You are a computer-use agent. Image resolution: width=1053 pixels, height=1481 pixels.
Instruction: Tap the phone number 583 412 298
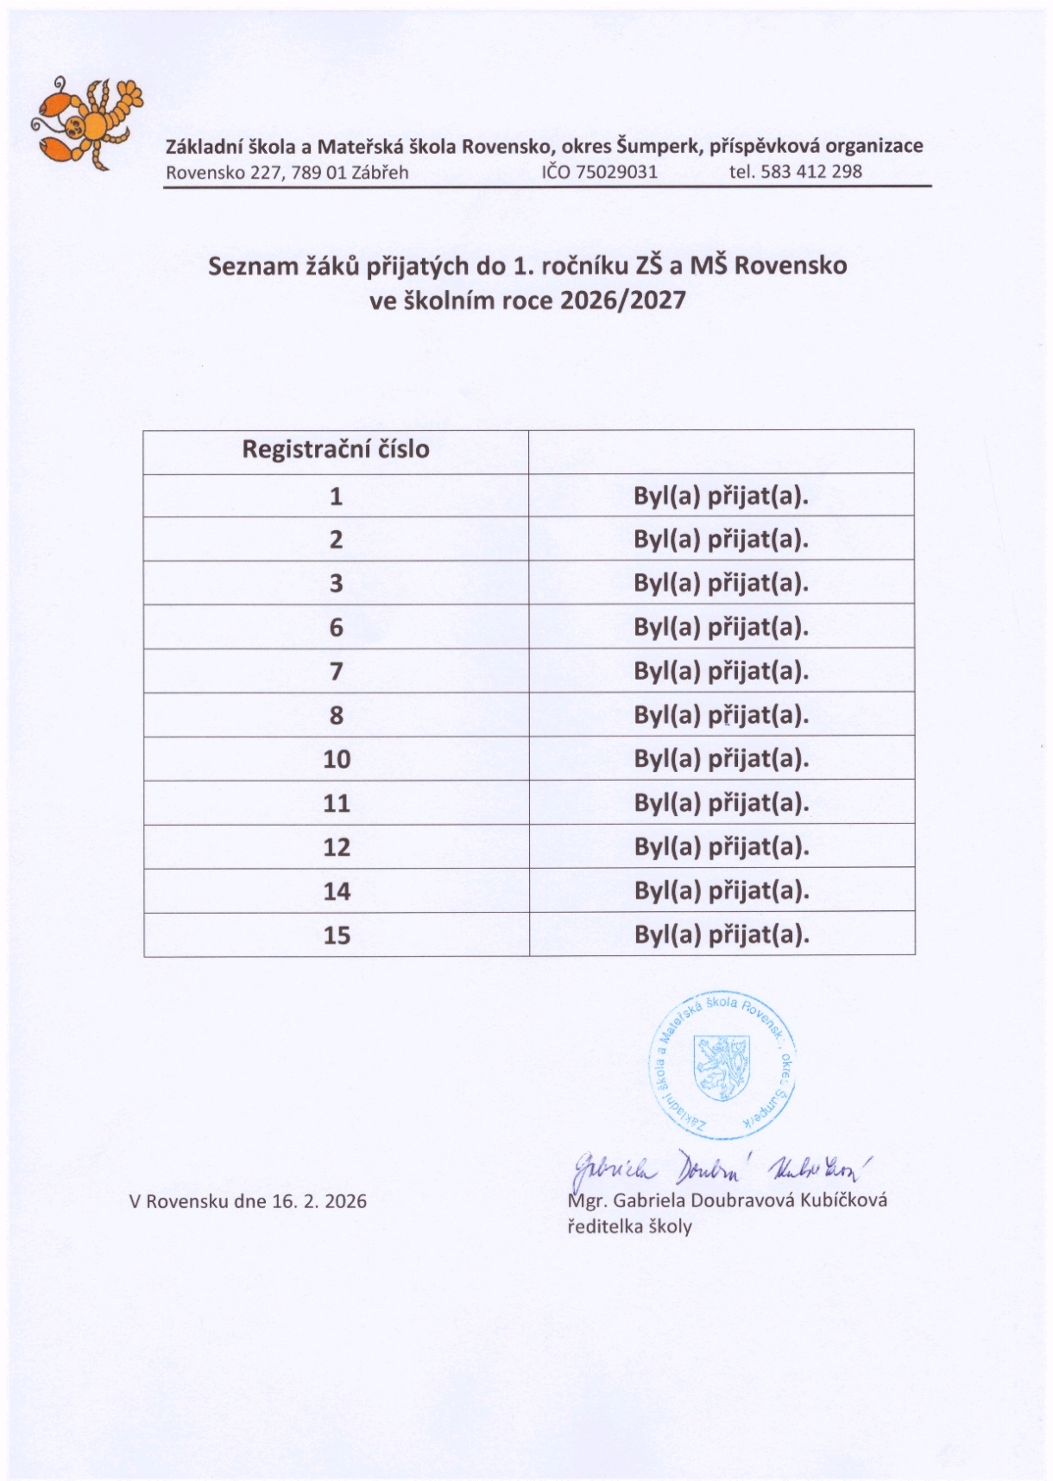tap(810, 171)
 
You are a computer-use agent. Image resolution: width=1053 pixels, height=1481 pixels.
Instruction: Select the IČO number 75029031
tap(615, 171)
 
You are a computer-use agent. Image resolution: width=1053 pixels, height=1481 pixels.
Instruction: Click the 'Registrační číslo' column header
tap(335, 450)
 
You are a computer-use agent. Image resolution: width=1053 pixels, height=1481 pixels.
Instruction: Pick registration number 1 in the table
tap(336, 497)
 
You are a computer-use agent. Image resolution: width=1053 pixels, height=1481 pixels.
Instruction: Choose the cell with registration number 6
tap(336, 628)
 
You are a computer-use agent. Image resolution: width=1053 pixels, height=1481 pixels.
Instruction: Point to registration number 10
tap(336, 759)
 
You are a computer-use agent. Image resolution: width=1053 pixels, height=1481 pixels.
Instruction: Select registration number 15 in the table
tap(336, 935)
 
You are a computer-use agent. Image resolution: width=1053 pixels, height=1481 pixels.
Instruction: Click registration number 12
tap(336, 847)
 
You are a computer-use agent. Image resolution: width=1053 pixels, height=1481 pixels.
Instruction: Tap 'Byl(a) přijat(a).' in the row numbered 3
tap(721, 583)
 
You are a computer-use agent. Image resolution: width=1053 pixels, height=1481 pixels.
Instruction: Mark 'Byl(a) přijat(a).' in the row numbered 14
tap(721, 890)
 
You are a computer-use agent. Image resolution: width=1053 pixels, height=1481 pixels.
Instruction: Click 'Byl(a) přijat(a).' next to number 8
tap(721, 715)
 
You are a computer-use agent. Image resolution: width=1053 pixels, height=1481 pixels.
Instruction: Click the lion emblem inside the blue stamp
tap(722, 1067)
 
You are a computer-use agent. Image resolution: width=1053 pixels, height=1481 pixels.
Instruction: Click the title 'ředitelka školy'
tap(629, 1226)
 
